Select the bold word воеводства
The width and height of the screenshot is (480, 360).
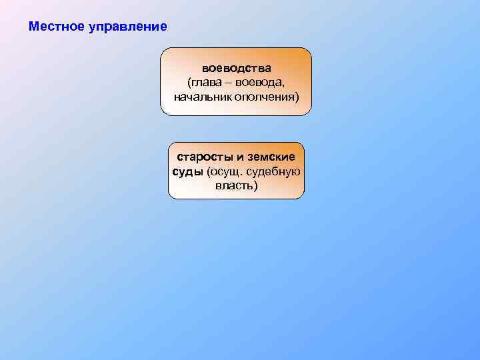(x=237, y=69)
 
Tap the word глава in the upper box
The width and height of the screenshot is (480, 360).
(x=207, y=83)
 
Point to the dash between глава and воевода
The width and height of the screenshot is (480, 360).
(x=229, y=83)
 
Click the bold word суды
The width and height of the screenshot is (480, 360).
(x=187, y=171)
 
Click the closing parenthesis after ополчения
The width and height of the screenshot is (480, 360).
(x=297, y=97)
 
